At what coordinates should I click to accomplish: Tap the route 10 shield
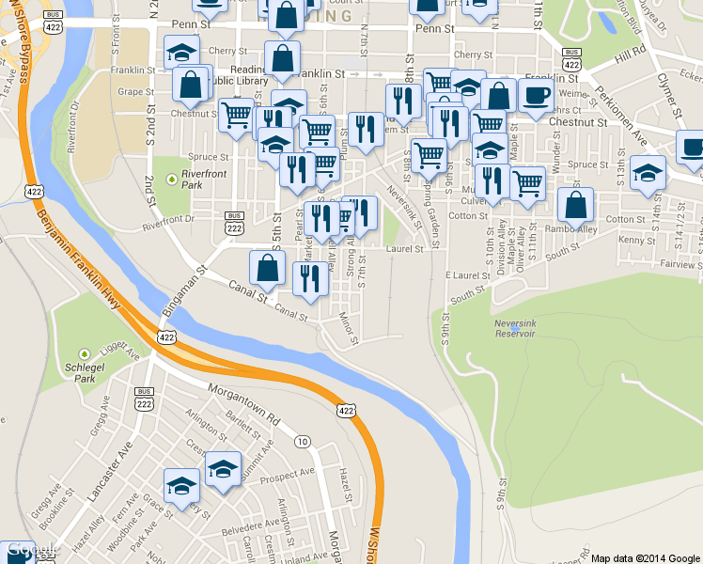(x=302, y=441)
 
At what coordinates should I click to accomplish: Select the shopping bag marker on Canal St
(x=268, y=268)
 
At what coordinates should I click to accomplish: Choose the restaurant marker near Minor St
(x=308, y=278)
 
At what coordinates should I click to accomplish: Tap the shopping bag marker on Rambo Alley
(x=575, y=205)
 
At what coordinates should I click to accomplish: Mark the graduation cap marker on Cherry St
(x=181, y=53)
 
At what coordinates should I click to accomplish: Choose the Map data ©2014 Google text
(x=645, y=557)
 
